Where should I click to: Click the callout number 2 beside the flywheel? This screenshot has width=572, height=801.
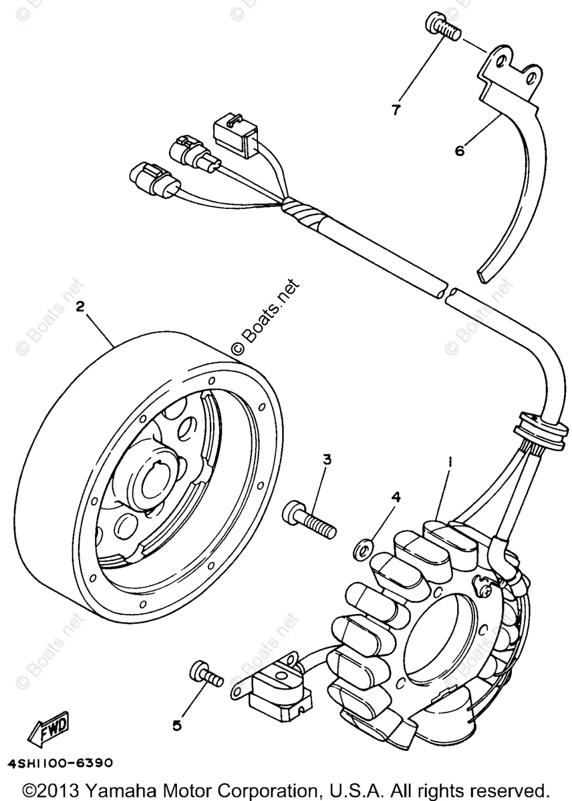(x=80, y=306)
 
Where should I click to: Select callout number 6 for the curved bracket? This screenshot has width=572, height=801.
(x=460, y=151)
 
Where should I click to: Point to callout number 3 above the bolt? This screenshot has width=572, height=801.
(x=327, y=459)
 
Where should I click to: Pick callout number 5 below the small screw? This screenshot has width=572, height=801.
(x=176, y=726)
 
